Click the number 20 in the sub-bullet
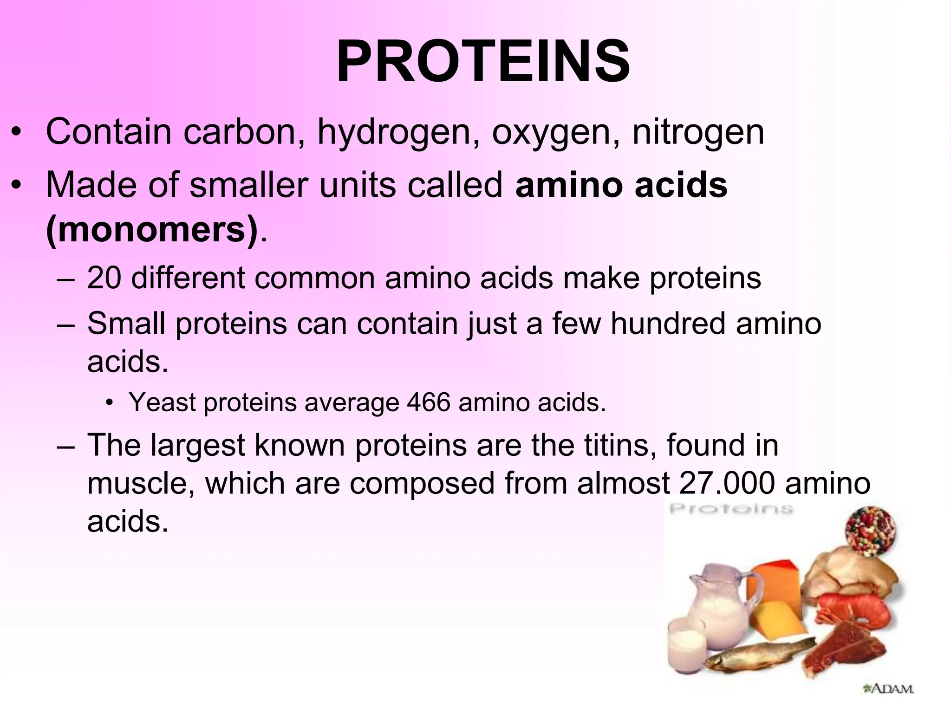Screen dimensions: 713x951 pyautogui.click(x=104, y=278)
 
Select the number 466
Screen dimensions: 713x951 pyautogui.click(x=428, y=402)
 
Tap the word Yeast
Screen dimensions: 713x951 pyautogui.click(x=162, y=402)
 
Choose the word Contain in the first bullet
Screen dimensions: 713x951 pyautogui.click(x=109, y=132)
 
